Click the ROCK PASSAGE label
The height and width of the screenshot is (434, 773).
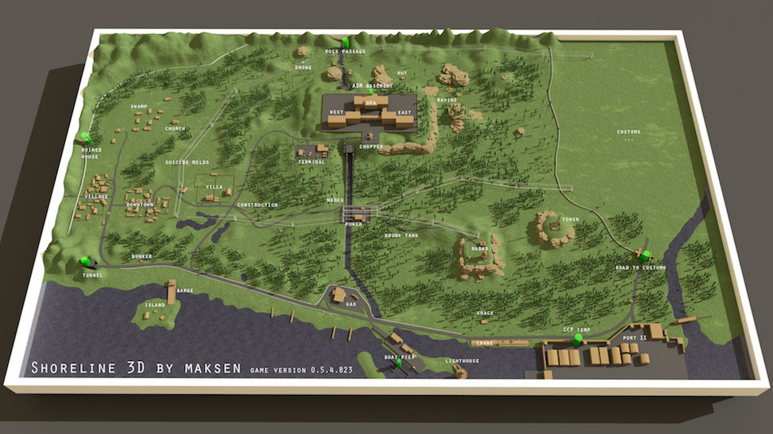(346, 52)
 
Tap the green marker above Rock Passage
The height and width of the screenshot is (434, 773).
(345, 41)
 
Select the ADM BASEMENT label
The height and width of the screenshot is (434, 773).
(372, 85)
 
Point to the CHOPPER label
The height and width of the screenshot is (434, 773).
(371, 147)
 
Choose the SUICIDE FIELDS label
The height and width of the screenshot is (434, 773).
(187, 162)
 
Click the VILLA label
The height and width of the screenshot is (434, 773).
(214, 186)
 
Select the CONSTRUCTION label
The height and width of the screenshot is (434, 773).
(257, 205)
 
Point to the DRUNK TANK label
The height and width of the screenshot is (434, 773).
(401, 235)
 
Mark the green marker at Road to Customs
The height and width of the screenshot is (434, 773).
(645, 255)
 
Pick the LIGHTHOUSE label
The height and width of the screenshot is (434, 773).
(462, 361)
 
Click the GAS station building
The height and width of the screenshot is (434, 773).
(339, 295)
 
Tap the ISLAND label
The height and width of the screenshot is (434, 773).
(155, 305)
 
